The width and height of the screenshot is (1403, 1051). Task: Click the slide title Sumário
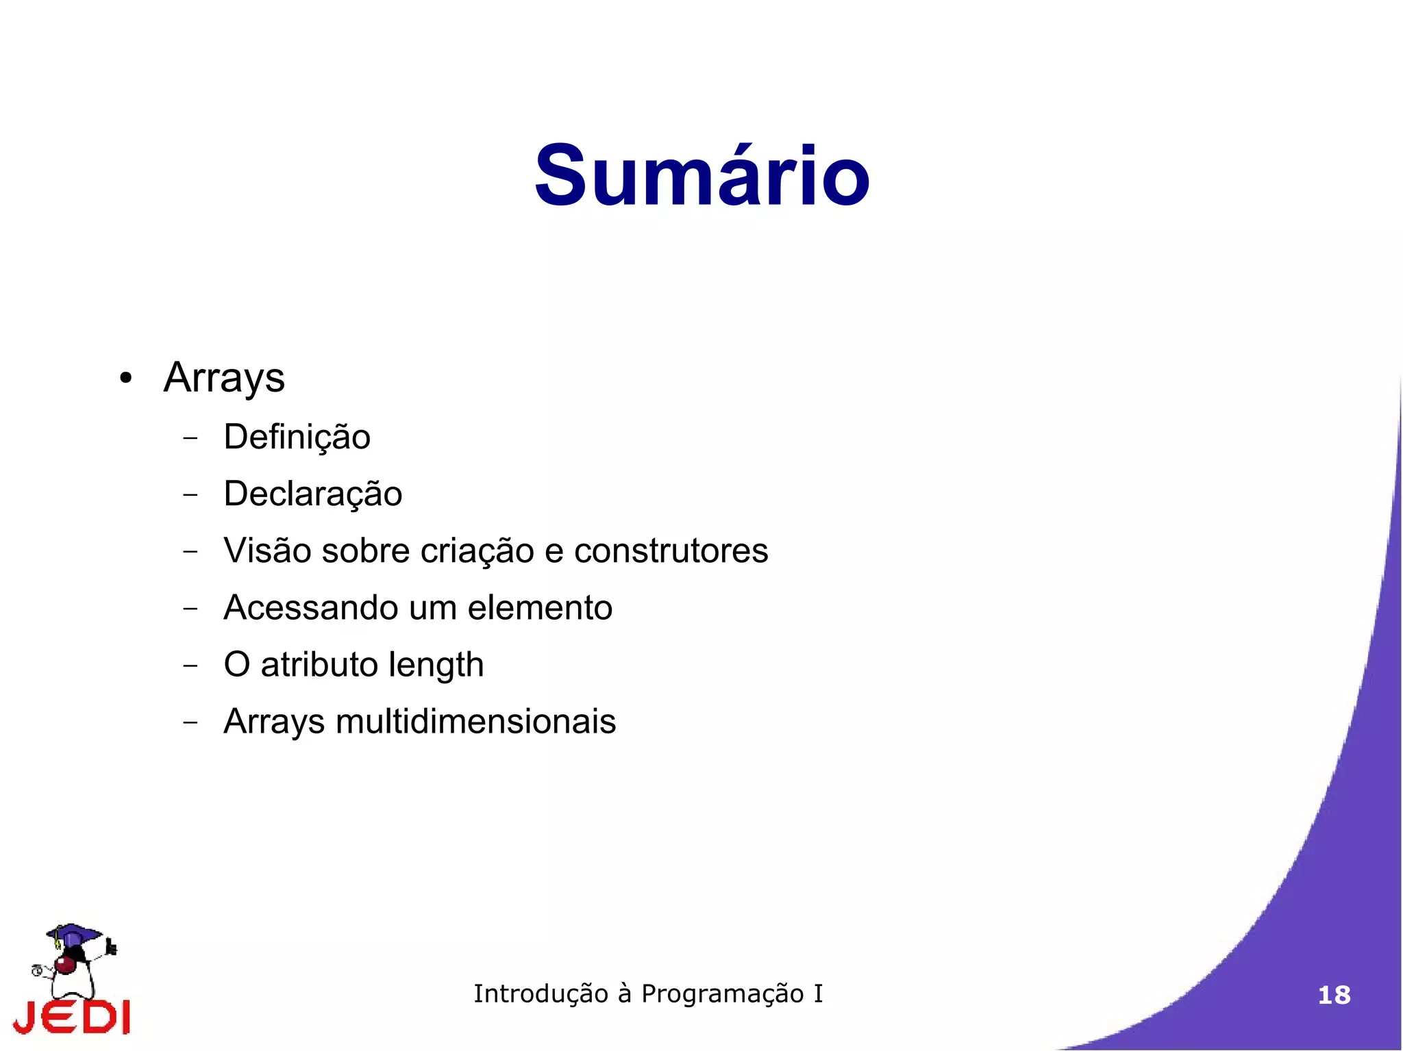coord(701,176)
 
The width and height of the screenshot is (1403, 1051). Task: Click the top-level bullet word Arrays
coord(224,378)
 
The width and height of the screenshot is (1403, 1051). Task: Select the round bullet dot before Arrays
coord(125,379)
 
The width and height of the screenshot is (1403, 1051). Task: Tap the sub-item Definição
coord(297,438)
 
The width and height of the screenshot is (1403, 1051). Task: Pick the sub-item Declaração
coord(312,494)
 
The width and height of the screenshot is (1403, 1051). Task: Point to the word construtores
coord(671,551)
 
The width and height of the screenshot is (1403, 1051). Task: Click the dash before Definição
coord(190,438)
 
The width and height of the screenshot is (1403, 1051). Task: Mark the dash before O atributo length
coord(190,665)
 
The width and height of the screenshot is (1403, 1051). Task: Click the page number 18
coord(1334,995)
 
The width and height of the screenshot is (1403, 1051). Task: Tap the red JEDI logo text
coord(72,1016)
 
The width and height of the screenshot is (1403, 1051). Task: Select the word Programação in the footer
coord(722,994)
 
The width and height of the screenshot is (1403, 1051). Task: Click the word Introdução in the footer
coord(541,993)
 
